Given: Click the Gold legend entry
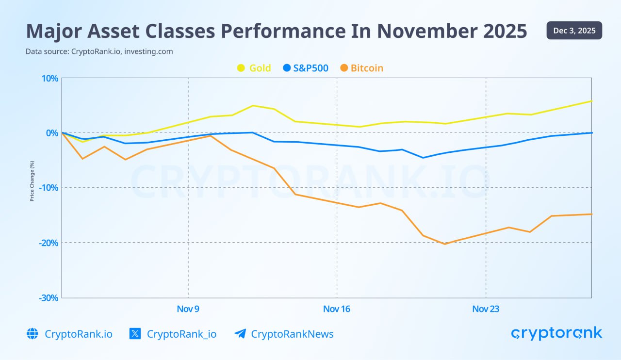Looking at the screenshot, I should tap(254, 68).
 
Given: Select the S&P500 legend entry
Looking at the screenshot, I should tap(306, 68).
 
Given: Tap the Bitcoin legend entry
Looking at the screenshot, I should tap(361, 68).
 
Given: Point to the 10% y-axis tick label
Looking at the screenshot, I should tap(49, 79).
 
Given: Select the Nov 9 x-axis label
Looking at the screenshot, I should tap(188, 309).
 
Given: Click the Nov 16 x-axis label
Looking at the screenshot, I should tap(337, 309).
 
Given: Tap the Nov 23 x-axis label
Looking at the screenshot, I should tap(486, 309).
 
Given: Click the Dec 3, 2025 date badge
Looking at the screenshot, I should tap(574, 31).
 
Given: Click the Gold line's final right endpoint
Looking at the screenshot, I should tap(591, 101).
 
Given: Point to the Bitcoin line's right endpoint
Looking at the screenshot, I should tap(591, 214).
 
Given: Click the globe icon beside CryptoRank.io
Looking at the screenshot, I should tap(32, 334).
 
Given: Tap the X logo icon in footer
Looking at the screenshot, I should tap(135, 334).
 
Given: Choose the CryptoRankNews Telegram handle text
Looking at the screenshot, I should tap(292, 334).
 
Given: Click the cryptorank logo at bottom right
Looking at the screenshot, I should tap(556, 333).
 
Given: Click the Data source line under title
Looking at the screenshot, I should tap(99, 51).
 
